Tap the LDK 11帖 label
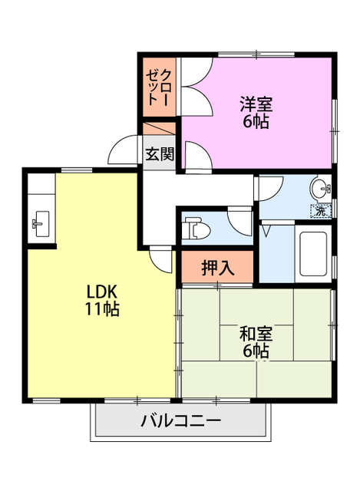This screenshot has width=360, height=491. coord(101,300)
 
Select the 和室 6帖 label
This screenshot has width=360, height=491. coord(255,343)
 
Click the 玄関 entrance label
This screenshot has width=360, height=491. coord(159,153)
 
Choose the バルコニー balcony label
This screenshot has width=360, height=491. coord(180,421)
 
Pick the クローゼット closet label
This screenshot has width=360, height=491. coord(159,86)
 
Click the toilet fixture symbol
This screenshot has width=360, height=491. coord(197,228)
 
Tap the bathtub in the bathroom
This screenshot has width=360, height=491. coord(315,253)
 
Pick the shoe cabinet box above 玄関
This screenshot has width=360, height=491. coord(159,130)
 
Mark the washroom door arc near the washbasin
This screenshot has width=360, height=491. coord(269,187)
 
